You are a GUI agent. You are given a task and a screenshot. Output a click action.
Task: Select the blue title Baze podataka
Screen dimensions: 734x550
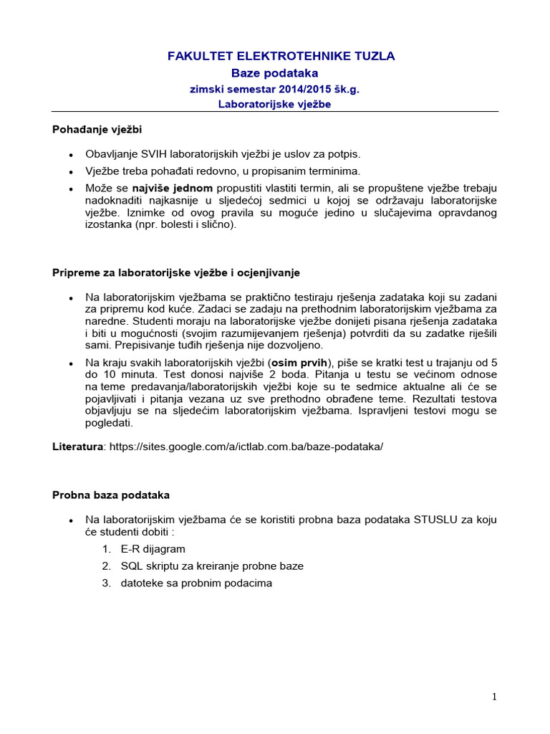(x=274, y=73)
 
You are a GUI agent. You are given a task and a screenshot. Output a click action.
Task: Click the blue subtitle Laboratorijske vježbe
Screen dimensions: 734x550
(x=274, y=104)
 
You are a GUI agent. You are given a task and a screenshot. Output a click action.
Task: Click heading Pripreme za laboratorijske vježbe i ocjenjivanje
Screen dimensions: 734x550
(x=176, y=273)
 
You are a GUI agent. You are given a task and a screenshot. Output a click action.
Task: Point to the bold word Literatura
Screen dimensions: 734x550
(x=78, y=446)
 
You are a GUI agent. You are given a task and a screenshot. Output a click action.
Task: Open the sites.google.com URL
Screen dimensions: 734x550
(x=246, y=446)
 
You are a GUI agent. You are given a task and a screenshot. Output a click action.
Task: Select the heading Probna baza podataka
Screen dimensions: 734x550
(x=111, y=495)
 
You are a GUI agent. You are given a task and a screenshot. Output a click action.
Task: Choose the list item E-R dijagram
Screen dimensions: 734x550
(x=153, y=549)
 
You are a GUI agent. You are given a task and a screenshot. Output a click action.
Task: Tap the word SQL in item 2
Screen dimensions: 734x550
(x=132, y=566)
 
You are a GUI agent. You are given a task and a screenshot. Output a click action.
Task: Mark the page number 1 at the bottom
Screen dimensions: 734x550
(x=494, y=697)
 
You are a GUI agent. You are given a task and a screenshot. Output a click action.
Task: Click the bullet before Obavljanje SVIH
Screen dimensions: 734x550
(x=70, y=156)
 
